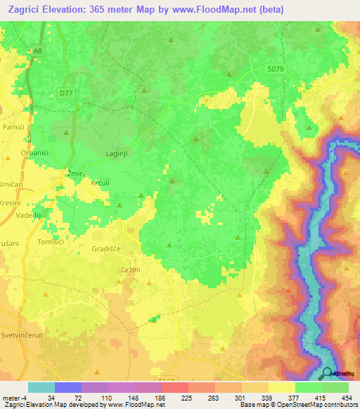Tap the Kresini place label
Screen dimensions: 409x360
pyautogui.click(x=10, y=202)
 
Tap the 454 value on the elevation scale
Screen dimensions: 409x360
pyautogui.click(x=346, y=397)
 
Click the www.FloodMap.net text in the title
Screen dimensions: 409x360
pyautogui.click(x=203, y=9)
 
